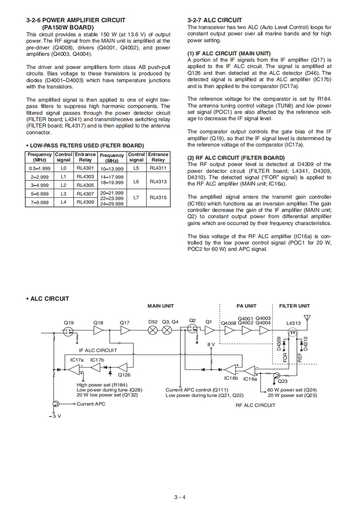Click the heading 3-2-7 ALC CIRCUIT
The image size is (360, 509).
[x=215, y=20]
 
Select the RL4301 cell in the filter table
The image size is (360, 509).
[x=85, y=168]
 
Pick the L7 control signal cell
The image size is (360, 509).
[x=136, y=198]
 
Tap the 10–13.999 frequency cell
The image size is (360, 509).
[x=112, y=169]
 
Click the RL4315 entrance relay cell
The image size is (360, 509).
[x=158, y=198]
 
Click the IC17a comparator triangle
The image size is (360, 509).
[x=74, y=368]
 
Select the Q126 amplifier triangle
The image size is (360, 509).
[x=123, y=367]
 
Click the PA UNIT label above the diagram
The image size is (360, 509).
[x=247, y=306]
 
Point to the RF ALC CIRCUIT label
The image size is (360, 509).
[x=255, y=405]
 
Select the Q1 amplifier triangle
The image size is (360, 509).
[x=209, y=331]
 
